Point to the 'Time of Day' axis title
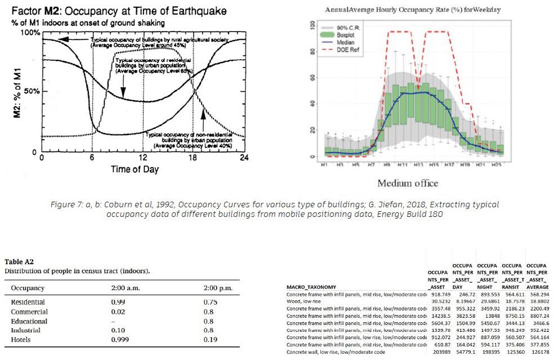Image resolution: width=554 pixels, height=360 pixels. coord(134,169)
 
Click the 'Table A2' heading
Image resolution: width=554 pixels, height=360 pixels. coord(19,261)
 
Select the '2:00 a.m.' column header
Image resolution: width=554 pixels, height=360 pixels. coord(128,288)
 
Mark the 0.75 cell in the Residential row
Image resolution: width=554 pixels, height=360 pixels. coord(210,303)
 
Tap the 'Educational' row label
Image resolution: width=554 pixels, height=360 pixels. coord(29,321)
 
